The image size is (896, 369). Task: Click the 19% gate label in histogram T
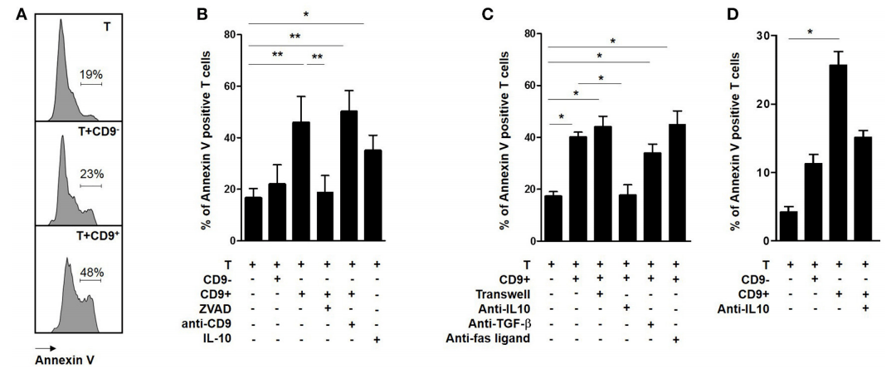click(x=91, y=74)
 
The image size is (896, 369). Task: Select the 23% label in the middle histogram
click(x=91, y=175)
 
